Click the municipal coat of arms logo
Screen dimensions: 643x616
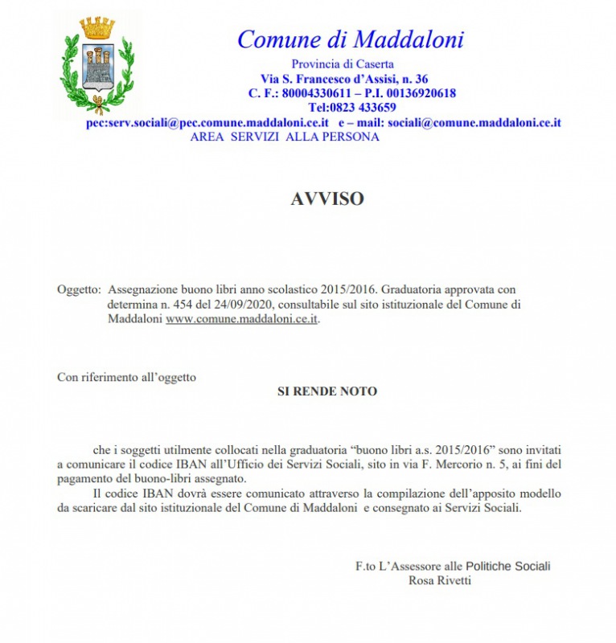click(97, 64)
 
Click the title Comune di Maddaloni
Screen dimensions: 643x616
click(350, 39)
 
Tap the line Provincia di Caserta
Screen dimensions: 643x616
click(343, 64)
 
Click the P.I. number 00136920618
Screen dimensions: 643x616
click(418, 93)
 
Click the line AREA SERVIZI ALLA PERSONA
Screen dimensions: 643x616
click(285, 137)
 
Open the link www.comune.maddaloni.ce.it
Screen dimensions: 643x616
click(243, 319)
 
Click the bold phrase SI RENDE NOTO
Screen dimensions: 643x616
click(327, 391)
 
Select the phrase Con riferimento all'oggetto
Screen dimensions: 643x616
click(126, 376)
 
